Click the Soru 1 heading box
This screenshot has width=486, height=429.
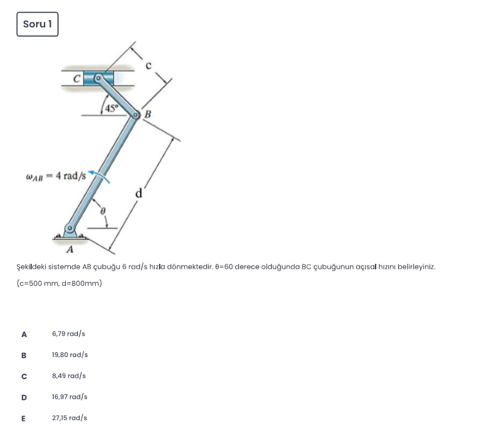[37, 24]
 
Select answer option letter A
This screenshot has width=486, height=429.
[24, 334]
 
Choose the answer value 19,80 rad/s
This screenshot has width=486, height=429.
[70, 355]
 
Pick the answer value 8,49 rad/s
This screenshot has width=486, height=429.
[69, 376]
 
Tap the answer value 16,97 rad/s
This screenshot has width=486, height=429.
[70, 397]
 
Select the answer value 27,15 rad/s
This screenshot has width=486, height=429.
[70, 418]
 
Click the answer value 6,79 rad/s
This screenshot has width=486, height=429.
[69, 334]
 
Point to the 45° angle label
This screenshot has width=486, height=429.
[112, 108]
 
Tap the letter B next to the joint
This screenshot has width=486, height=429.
[147, 115]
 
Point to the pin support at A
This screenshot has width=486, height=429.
[71, 232]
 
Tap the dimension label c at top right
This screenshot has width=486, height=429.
[148, 63]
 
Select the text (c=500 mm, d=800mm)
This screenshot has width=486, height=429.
[59, 283]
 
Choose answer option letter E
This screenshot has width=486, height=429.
[24, 418]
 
